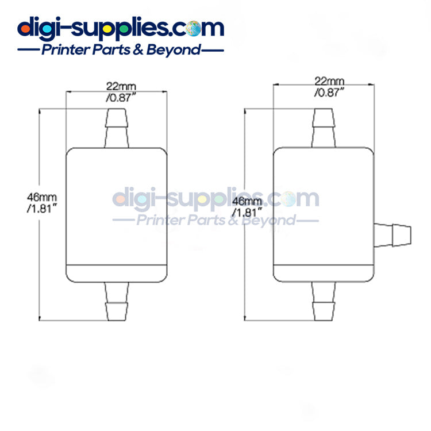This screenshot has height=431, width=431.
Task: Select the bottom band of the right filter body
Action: pos(322,274)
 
